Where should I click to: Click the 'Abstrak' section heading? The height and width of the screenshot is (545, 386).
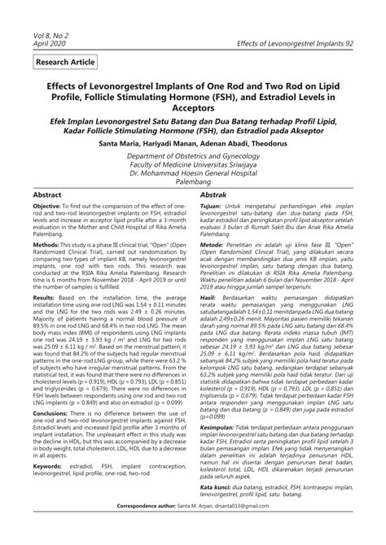coord(217,196)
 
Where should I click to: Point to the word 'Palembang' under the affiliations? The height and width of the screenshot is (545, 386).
coord(192,182)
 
